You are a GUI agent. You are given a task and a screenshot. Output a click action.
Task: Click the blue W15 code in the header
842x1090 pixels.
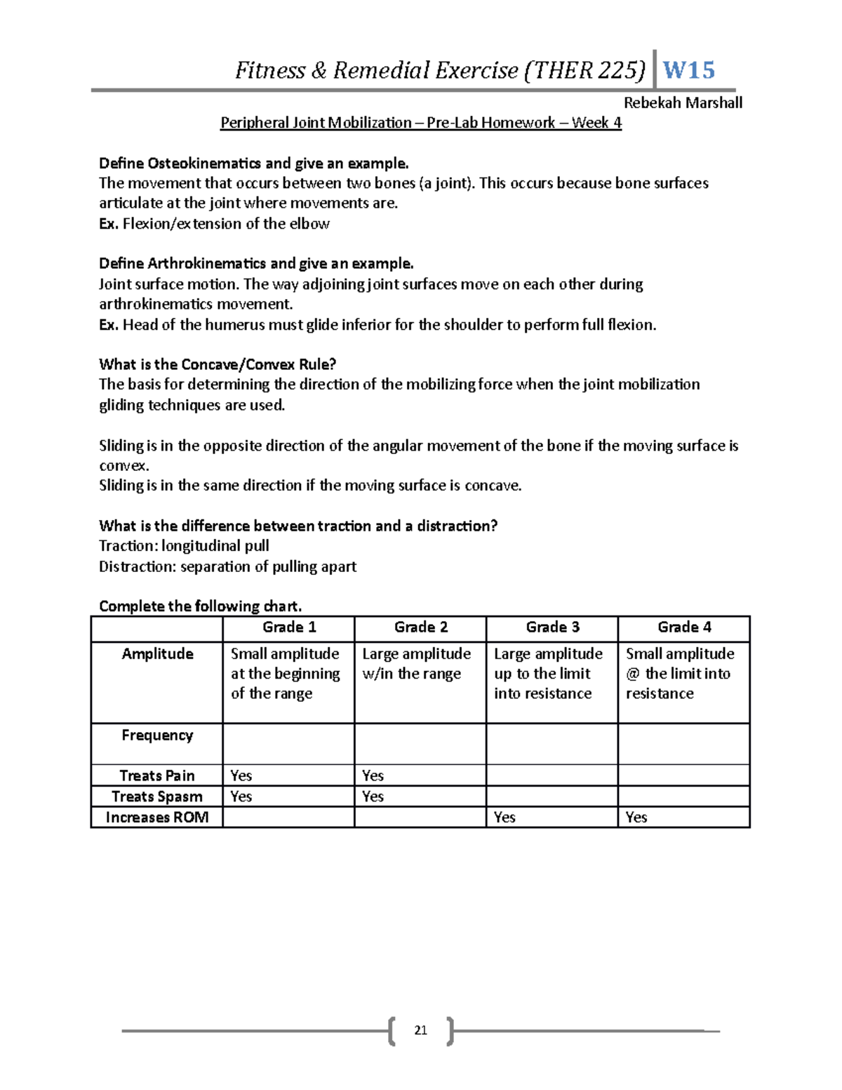688,70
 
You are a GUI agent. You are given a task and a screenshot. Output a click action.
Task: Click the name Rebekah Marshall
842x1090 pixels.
682,103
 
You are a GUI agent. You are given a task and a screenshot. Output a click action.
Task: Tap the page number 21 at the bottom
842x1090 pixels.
420,1030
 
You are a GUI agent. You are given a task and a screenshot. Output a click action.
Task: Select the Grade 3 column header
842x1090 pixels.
552,627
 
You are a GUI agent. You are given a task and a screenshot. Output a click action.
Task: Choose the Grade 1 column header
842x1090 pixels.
289,627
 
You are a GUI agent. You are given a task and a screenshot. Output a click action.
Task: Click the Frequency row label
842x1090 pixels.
157,735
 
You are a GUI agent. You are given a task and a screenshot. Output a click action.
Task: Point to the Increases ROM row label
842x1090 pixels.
157,817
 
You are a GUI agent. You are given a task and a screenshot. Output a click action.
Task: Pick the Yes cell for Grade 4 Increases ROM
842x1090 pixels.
636,817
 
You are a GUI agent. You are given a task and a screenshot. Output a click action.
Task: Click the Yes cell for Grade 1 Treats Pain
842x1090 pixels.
241,776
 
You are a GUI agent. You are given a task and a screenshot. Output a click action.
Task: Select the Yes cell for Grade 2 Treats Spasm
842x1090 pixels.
373,797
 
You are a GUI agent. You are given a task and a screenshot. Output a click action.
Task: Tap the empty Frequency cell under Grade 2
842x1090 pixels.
420,743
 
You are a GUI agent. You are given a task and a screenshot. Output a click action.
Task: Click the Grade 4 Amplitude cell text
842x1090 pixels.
679,674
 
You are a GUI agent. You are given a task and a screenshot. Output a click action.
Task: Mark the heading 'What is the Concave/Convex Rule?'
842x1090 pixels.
218,364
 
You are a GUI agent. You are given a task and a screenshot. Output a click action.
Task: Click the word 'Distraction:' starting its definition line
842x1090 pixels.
138,566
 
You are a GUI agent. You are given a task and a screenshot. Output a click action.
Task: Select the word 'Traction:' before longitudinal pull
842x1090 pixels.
128,546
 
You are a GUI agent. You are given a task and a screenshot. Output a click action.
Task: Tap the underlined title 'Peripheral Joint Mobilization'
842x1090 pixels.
316,123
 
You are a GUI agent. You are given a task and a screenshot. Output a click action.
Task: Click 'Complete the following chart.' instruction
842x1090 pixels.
200,606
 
